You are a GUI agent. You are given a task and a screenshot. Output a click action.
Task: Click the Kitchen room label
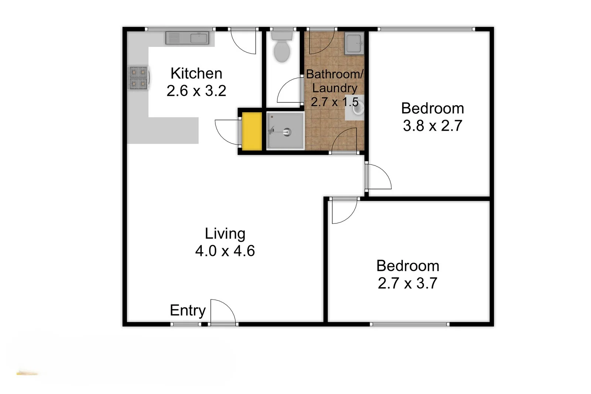[196, 73]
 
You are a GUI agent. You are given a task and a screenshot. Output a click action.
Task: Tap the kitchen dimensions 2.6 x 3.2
[196, 91]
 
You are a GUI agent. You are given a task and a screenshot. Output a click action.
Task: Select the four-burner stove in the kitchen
[138, 78]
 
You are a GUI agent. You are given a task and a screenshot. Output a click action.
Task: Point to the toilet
[282, 48]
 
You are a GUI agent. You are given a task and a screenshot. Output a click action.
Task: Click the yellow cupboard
[252, 131]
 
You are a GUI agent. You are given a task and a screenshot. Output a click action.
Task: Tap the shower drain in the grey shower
[287, 131]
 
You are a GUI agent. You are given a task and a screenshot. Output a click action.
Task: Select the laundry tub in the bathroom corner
[354, 43]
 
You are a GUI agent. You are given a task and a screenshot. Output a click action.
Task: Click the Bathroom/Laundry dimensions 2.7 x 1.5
[334, 102]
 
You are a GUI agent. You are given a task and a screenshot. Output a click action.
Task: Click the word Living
[225, 234]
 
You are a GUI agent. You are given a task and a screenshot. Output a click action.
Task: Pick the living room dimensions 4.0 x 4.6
[225, 251]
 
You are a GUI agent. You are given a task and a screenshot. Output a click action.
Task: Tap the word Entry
[188, 311]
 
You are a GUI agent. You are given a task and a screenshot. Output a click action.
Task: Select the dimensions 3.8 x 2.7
[432, 126]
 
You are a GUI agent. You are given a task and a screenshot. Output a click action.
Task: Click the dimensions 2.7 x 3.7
[407, 283]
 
